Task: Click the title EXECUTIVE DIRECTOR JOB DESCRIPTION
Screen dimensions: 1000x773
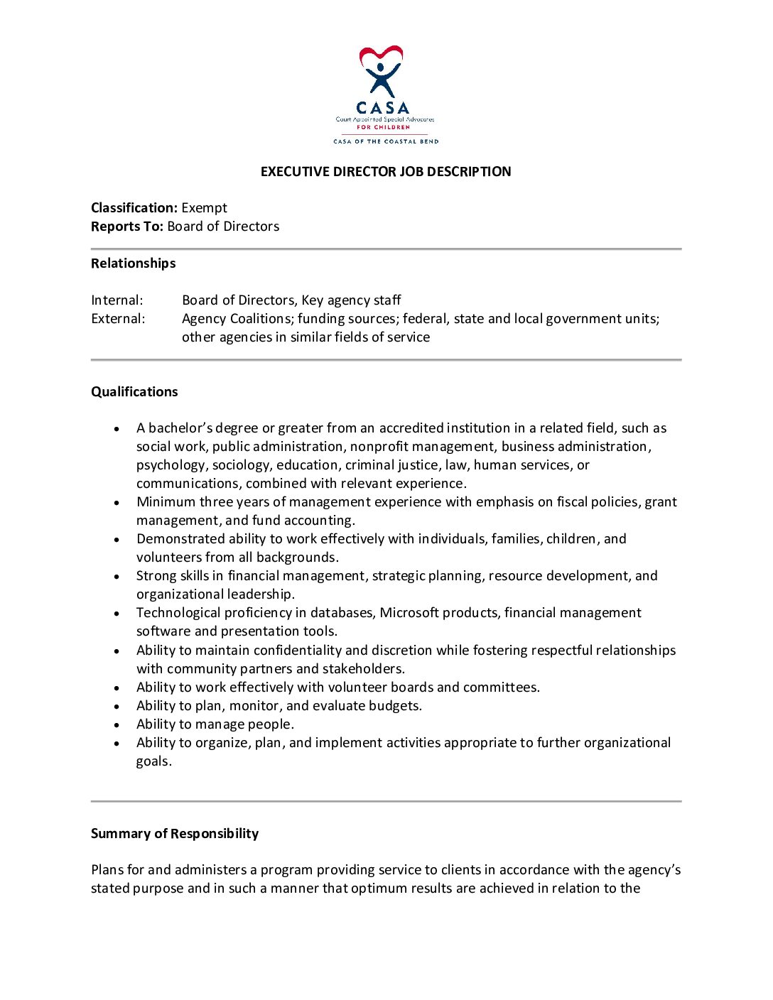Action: [386, 172]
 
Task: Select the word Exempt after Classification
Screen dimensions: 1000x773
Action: [204, 208]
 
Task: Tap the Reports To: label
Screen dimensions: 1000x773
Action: [127, 227]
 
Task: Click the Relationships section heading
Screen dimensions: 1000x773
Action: [133, 263]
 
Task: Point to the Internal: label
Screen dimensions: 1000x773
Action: [117, 300]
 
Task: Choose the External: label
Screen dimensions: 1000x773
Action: [118, 319]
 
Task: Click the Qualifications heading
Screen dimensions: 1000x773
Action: [134, 392]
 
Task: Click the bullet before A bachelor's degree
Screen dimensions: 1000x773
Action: [117, 429]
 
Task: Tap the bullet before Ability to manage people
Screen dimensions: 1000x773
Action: [117, 725]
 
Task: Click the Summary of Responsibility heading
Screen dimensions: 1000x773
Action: [175, 834]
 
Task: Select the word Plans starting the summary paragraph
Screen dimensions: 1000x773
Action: [107, 870]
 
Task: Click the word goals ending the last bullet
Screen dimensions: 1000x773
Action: [153, 761]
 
